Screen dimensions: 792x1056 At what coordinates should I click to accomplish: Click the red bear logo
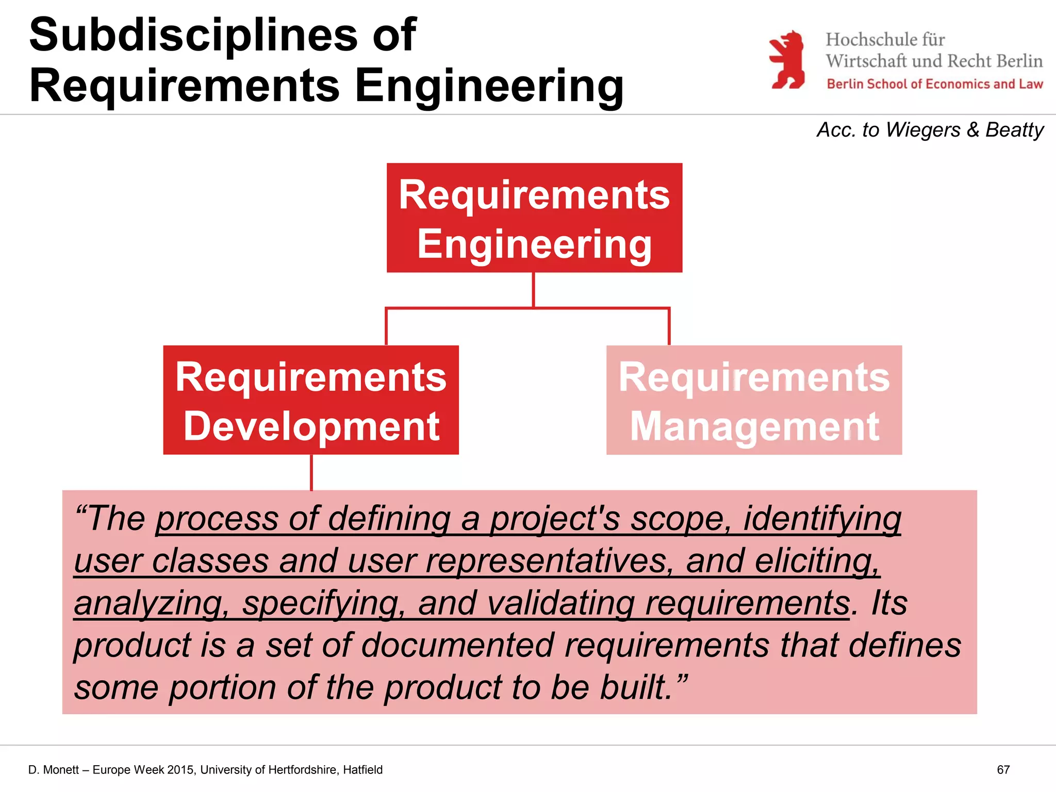click(787, 60)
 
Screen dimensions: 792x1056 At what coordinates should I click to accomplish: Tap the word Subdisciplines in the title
click(194, 35)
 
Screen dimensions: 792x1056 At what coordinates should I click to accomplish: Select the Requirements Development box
click(311, 400)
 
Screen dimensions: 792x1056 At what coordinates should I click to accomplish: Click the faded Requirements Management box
click(754, 400)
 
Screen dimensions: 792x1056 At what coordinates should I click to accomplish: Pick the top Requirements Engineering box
click(534, 218)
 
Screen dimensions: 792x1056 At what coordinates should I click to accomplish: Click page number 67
click(1003, 770)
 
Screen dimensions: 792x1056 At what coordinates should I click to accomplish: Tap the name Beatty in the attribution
click(1014, 130)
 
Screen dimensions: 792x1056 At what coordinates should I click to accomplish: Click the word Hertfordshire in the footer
click(298, 770)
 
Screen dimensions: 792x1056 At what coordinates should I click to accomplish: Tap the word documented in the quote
click(458, 646)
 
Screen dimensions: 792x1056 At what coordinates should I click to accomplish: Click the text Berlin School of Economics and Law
click(935, 84)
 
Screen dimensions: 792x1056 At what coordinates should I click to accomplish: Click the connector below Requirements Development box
click(311, 472)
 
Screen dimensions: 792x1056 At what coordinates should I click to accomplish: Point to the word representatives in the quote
click(548, 561)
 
